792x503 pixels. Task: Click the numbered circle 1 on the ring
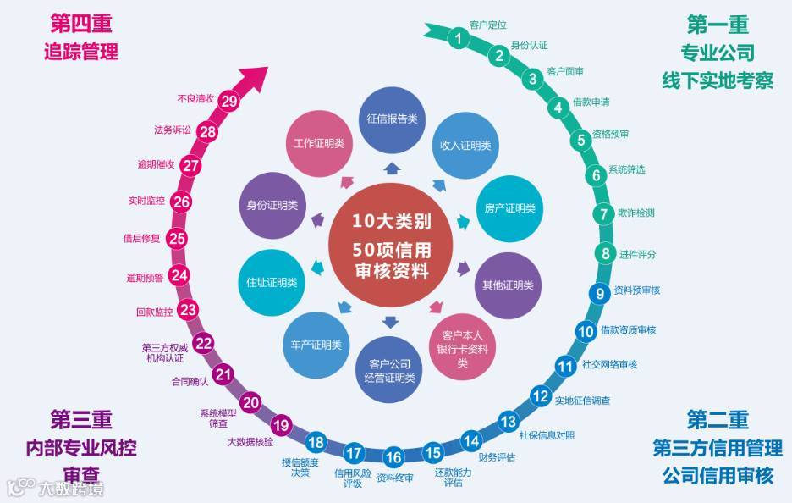(458, 38)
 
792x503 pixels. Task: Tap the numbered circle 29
(229, 100)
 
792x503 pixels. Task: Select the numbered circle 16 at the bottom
(393, 458)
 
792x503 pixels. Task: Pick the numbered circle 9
(600, 294)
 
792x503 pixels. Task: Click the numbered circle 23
(189, 311)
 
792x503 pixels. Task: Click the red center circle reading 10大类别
(392, 246)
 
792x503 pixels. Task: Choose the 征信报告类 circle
(392, 119)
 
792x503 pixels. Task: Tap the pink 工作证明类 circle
(318, 143)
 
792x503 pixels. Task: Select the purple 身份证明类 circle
(271, 206)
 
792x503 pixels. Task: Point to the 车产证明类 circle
(311, 345)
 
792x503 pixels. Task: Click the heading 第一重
(718, 22)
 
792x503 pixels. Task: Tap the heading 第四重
(81, 22)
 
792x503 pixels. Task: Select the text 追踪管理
(81, 51)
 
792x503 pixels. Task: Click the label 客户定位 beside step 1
(488, 25)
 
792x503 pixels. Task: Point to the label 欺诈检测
(635, 213)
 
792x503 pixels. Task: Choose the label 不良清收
(195, 97)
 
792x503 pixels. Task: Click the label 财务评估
(497, 457)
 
